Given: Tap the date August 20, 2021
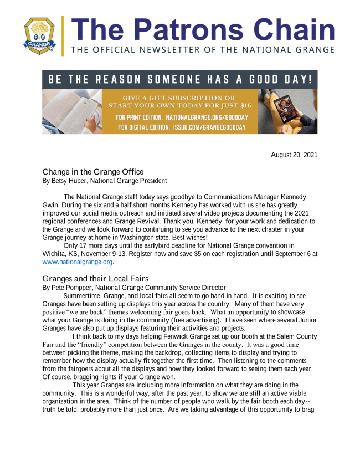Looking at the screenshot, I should coord(294,155).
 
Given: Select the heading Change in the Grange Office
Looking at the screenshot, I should coord(92,172).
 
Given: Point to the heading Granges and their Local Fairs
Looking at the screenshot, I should coord(96,279).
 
